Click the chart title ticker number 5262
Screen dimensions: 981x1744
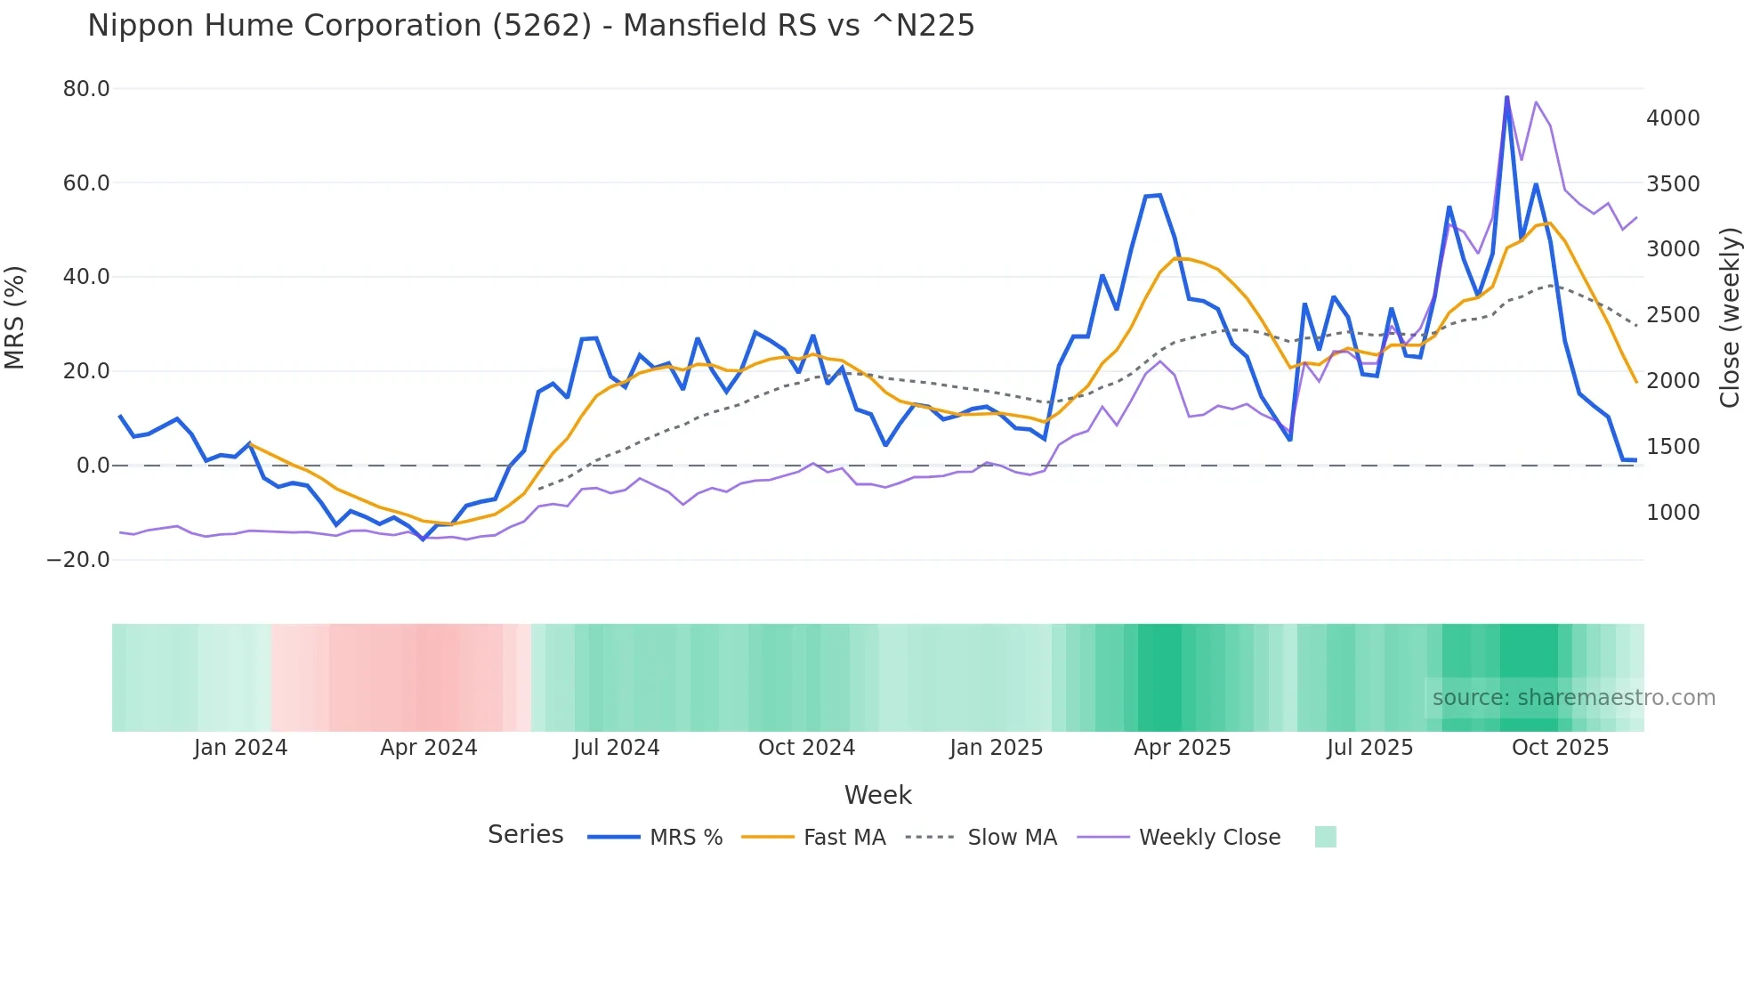click(x=541, y=26)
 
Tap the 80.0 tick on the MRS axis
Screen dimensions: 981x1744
click(x=86, y=89)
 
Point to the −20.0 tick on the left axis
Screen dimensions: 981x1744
click(x=78, y=560)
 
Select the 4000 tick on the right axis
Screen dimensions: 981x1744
click(x=1673, y=118)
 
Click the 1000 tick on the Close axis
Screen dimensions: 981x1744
click(x=1673, y=513)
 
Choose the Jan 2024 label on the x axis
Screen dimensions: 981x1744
click(x=240, y=748)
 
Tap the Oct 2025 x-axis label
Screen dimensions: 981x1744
click(x=1560, y=748)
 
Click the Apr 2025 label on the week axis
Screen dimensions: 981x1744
click(x=1182, y=748)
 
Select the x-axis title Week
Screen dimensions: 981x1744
click(x=877, y=795)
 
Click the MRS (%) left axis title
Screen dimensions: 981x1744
click(x=15, y=318)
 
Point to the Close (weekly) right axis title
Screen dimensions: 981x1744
click(x=1729, y=318)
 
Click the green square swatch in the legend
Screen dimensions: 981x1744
click(x=1325, y=837)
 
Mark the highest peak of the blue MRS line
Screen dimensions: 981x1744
click(x=1506, y=97)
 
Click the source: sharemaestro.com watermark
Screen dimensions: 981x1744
click(x=1573, y=698)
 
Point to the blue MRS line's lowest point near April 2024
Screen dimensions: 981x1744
click(x=424, y=539)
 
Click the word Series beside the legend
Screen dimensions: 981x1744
click(x=525, y=835)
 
